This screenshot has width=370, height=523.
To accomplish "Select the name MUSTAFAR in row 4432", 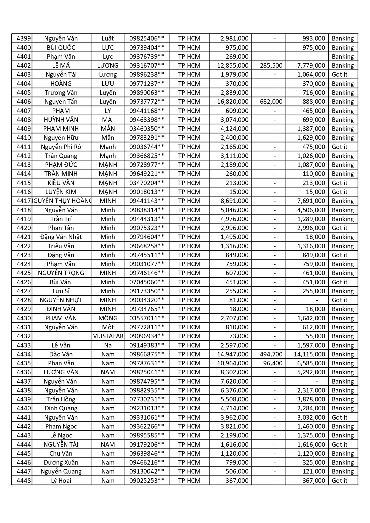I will (108, 336).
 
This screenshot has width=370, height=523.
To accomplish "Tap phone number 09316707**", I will (146, 66).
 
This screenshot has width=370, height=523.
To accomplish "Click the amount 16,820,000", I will (233, 102).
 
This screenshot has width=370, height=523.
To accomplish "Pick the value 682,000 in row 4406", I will (271, 102).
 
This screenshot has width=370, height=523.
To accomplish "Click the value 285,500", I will (271, 66).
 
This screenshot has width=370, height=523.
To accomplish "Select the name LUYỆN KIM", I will (61, 192).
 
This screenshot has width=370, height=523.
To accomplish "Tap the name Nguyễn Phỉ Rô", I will (61, 147).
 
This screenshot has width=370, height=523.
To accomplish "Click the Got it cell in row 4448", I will (340, 481).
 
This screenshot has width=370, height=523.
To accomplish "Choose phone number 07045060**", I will (146, 282).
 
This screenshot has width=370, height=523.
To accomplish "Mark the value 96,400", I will (273, 363).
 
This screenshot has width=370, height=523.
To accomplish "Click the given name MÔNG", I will (108, 318).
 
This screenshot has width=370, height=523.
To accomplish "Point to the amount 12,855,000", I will (233, 66).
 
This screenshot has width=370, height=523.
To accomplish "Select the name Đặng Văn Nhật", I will (61, 237).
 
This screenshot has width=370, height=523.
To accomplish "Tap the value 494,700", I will (271, 354).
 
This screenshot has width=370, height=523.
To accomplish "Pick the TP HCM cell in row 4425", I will (189, 273).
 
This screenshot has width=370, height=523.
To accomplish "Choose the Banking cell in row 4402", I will (343, 66).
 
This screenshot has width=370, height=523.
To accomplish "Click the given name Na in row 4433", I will (108, 345).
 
